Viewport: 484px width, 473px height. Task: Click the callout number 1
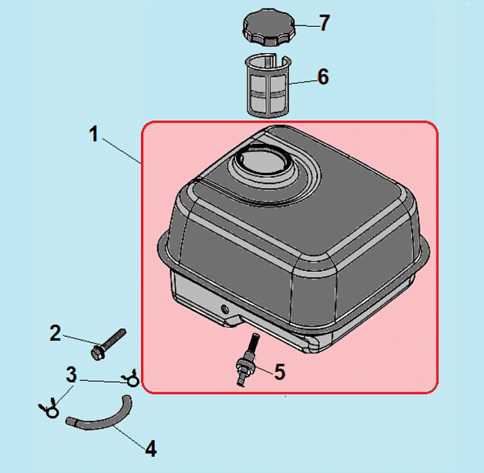[93, 134]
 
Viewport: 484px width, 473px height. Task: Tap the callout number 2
[55, 333]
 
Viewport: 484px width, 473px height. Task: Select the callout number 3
[71, 375]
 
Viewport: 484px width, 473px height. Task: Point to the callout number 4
[151, 448]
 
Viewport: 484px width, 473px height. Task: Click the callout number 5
[279, 372]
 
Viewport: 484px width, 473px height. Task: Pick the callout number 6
[323, 77]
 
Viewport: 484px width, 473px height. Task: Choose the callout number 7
[324, 23]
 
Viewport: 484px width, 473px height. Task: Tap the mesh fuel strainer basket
[269, 86]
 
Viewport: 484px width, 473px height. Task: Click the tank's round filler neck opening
[262, 160]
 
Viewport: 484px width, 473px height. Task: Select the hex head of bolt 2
[97, 353]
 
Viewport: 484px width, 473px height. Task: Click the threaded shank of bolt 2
[114, 338]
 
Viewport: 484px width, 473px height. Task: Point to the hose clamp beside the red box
[131, 378]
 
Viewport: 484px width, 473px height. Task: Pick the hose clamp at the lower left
[49, 409]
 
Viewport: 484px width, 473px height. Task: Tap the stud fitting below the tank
[247, 360]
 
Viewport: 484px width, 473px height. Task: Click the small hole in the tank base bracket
[225, 308]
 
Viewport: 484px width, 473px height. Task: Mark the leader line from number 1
[122, 151]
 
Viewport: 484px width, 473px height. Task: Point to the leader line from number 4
[129, 437]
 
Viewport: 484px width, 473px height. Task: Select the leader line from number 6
[304, 82]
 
